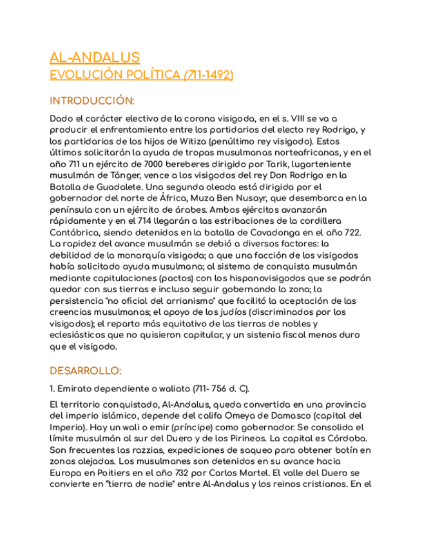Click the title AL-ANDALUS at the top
coord(95,57)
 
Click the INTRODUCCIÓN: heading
coord(92,101)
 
